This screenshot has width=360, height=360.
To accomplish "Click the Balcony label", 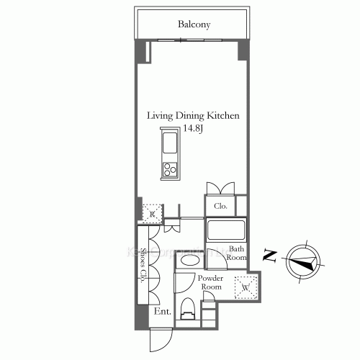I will point(194,24).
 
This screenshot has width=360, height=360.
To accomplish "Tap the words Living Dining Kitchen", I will point(193,116).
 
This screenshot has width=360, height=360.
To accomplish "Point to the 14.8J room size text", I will point(193,128).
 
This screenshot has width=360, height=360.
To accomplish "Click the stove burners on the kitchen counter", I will point(171,170).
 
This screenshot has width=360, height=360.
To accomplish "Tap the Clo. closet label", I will point(221,206).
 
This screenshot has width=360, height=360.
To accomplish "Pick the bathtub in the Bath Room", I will point(227,232).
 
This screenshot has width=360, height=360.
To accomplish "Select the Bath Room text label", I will point(238,253).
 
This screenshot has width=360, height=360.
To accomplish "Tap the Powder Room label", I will point(211,282).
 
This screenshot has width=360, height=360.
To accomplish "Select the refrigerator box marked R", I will point(153,213).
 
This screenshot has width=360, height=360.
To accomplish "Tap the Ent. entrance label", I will point(161,312).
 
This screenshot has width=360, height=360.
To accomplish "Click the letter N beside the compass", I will point(269,254).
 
